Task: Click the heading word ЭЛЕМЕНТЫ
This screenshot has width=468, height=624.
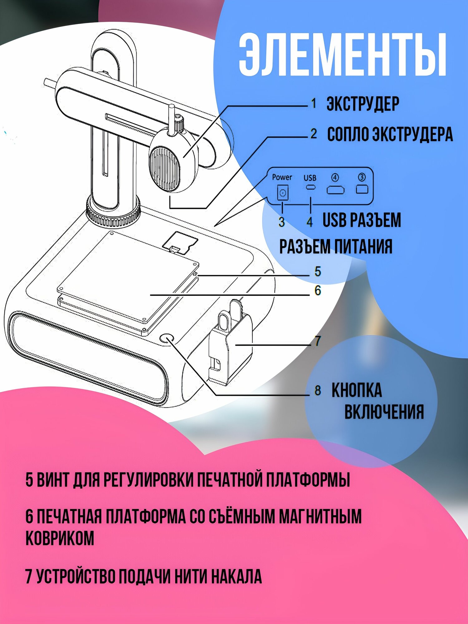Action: [343, 55]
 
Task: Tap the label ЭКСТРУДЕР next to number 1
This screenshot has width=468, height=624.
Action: [363, 104]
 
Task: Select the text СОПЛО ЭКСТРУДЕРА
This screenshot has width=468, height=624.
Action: [390, 134]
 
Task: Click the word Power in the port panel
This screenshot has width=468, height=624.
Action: [282, 177]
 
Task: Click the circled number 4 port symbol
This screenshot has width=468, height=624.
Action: [335, 178]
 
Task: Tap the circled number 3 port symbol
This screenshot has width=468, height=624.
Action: [362, 177]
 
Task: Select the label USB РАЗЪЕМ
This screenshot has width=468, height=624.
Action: [362, 220]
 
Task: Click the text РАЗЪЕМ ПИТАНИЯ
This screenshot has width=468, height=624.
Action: [336, 246]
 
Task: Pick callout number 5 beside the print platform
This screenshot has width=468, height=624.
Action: [318, 271]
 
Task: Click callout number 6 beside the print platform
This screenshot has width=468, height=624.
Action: [318, 290]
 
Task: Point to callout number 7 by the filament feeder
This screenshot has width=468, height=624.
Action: [318, 341]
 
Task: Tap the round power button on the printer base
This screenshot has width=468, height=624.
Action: [167, 339]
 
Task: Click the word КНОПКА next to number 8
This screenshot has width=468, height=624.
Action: [356, 390]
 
